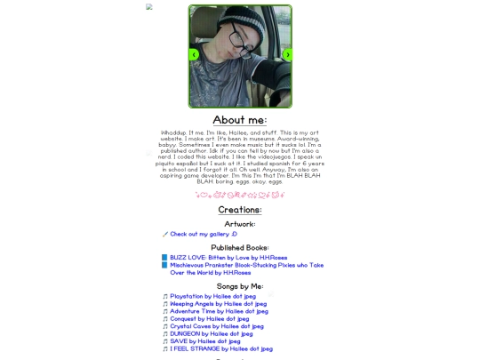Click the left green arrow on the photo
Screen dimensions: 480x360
[x=194, y=54]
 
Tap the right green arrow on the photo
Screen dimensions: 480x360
[x=287, y=54]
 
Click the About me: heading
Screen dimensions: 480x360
[x=240, y=120]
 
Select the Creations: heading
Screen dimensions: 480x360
[x=240, y=210]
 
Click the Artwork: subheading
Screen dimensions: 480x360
[x=240, y=224]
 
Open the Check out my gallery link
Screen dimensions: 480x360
[x=197, y=234]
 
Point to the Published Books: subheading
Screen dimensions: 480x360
[x=240, y=247]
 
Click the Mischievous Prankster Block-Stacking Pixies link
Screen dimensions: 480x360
[x=246, y=265]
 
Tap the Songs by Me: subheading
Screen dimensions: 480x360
[x=240, y=286]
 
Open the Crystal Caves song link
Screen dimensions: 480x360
[x=217, y=326]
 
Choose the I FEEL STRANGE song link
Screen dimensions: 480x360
[x=221, y=348]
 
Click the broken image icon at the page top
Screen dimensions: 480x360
[x=149, y=6]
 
